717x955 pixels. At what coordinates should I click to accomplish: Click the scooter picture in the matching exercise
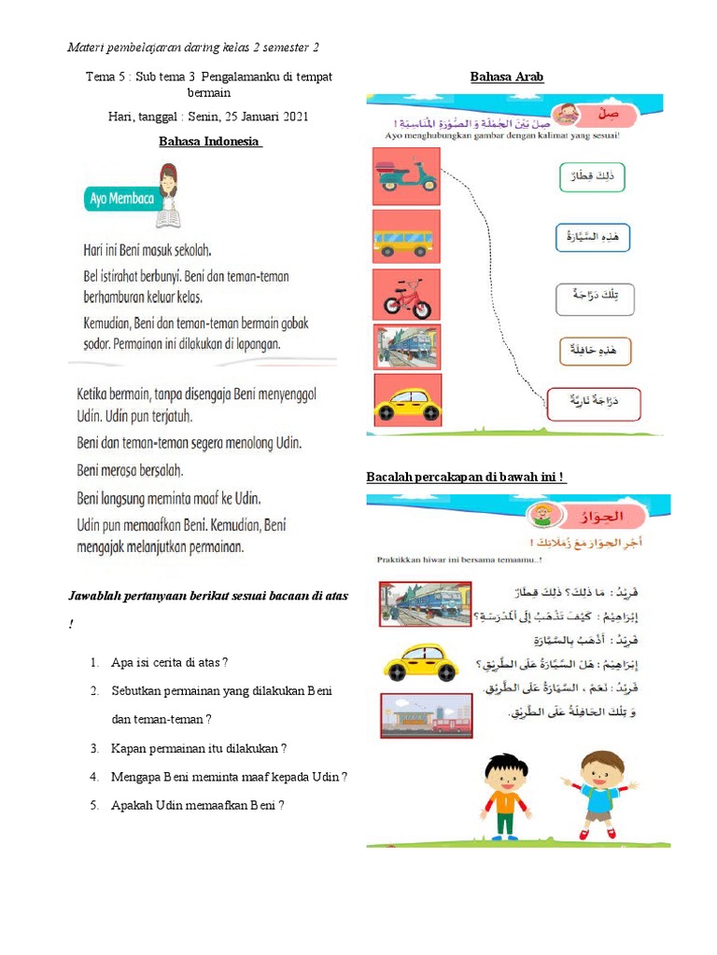click(405, 177)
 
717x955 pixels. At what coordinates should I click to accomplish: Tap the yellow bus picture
click(403, 237)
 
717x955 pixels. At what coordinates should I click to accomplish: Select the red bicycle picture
click(407, 294)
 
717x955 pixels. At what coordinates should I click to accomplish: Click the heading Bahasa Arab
click(507, 77)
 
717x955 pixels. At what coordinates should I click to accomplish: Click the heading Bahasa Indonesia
click(210, 141)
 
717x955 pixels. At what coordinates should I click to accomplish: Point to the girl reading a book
click(169, 194)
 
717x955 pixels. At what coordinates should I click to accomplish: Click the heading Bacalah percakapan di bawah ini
click(466, 477)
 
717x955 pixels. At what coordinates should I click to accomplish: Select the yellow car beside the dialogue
click(422, 663)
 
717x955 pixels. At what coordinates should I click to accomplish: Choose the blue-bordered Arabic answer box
click(592, 238)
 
